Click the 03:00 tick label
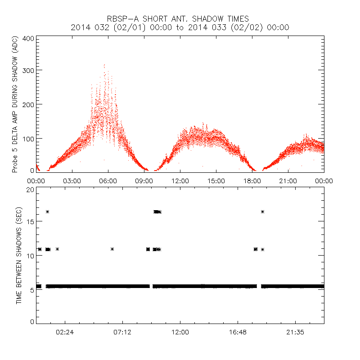click(x=72, y=181)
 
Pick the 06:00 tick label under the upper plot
click(x=108, y=181)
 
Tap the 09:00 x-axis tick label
click(x=144, y=181)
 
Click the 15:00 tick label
click(x=216, y=181)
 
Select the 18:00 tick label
click(x=252, y=181)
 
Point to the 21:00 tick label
click(x=288, y=181)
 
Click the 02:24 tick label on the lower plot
click(x=65, y=332)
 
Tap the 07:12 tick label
click(x=122, y=332)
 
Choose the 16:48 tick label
click(x=238, y=332)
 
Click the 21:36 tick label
click(x=295, y=332)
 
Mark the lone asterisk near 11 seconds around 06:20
click(x=112, y=249)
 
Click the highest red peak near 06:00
click(x=104, y=65)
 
